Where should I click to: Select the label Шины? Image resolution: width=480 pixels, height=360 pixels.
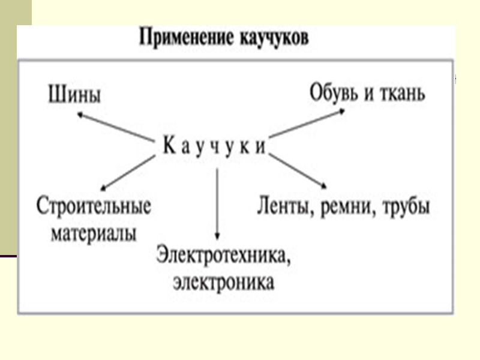click(73, 94)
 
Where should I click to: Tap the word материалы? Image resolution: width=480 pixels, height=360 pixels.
click(93, 233)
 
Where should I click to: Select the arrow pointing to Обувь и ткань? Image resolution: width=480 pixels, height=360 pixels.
click(307, 124)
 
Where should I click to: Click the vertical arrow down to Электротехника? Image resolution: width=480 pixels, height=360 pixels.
click(217, 204)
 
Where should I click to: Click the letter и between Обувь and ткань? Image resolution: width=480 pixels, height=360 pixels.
click(367, 94)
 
